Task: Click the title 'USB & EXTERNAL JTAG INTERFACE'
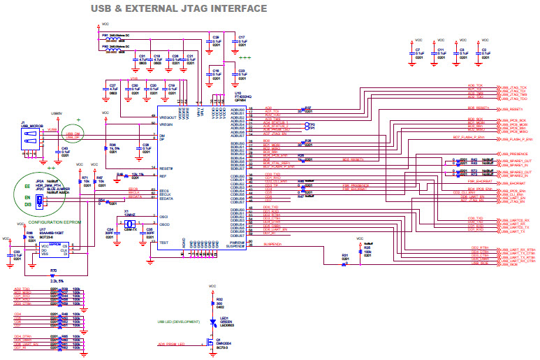(179, 8)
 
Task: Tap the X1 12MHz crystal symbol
(129, 222)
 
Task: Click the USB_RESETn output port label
(511, 109)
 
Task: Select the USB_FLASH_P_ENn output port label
(516, 138)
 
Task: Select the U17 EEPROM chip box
(55, 249)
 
